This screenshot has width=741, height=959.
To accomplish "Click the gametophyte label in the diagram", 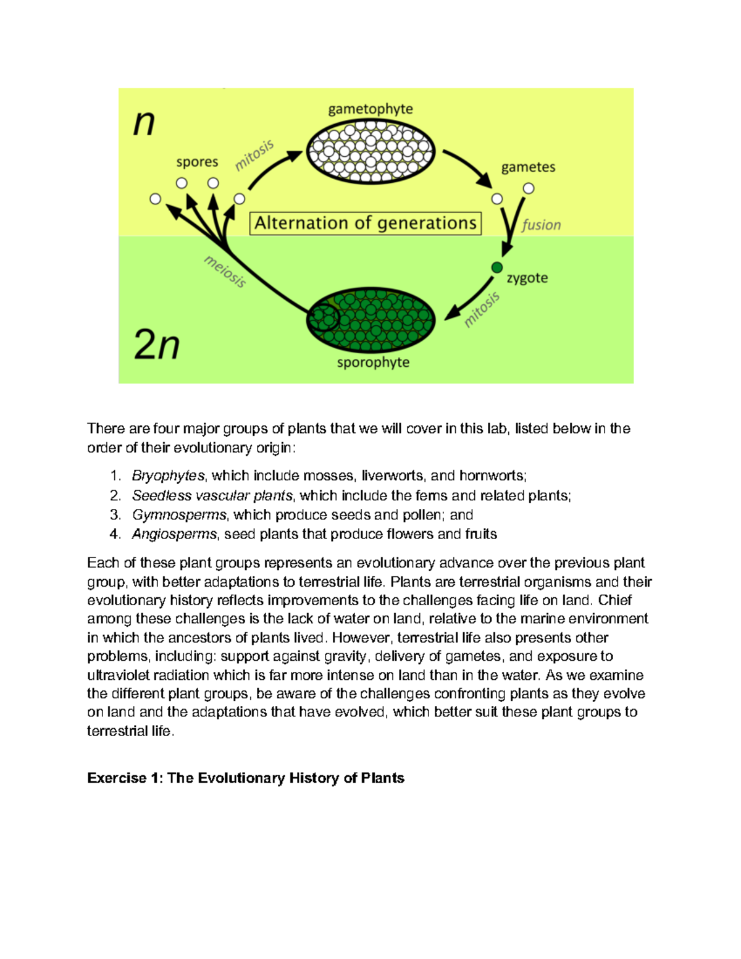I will (371, 109).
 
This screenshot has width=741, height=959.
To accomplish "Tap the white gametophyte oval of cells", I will (371, 151).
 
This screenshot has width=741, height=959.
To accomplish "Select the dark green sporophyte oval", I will (371, 320).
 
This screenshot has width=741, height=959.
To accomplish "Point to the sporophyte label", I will (373, 362).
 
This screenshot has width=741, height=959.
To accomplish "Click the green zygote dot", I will (497, 267).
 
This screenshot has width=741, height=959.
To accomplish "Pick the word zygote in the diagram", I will (527, 278).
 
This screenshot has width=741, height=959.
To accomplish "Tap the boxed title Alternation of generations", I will (366, 223).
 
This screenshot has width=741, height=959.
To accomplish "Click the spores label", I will (197, 162).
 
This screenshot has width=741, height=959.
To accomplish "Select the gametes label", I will (528, 167).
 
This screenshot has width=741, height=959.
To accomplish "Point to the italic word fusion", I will (541, 225).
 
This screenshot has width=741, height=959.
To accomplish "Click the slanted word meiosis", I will (225, 272).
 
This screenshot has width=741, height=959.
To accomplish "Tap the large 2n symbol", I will (157, 345).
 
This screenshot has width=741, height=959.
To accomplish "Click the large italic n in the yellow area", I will (144, 123).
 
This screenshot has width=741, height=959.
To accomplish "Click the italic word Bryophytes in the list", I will (168, 475).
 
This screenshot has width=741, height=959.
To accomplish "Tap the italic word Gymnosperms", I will (179, 515).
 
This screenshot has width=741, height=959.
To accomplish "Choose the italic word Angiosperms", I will (174, 534).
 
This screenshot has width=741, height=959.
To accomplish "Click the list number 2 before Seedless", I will (115, 495).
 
